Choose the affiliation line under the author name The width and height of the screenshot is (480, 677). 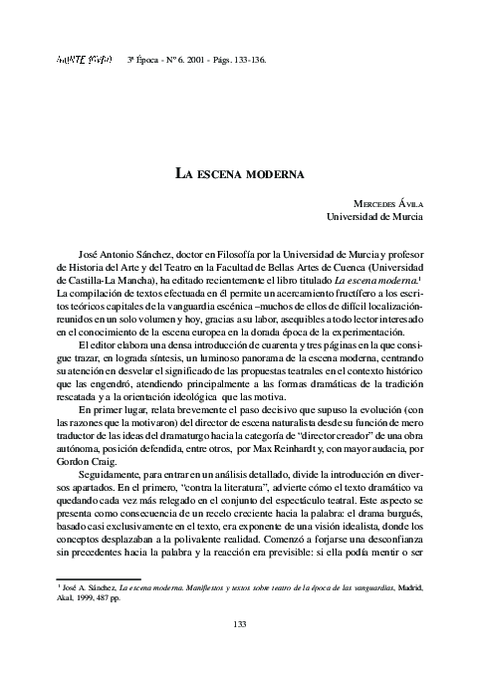point(374,215)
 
